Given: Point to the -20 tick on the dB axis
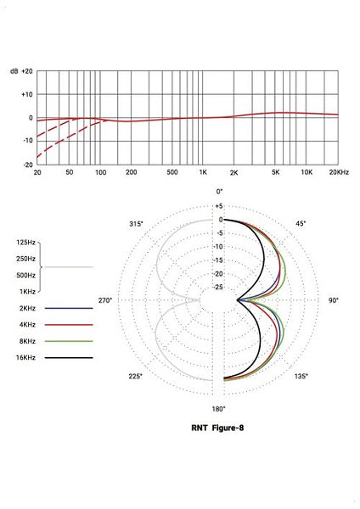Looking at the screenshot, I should [26, 164].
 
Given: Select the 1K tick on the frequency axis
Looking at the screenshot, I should [203, 172].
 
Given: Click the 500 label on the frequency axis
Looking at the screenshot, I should [172, 172].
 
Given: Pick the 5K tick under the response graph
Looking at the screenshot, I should [276, 172].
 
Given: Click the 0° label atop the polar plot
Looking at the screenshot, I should [219, 192].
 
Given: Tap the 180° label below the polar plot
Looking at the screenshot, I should [219, 409].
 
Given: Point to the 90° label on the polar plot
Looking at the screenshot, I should [335, 301].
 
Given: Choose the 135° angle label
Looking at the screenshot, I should [300, 377].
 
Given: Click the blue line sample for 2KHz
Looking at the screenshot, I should [69, 308].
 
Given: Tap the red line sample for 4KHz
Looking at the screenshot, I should [69, 325].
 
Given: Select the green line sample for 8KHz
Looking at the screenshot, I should [69, 342].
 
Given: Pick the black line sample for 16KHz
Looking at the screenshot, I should [69, 359].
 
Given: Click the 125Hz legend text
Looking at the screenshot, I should [25, 243].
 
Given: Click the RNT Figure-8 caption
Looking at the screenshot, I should [220, 428].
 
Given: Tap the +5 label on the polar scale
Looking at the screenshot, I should [218, 206].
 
